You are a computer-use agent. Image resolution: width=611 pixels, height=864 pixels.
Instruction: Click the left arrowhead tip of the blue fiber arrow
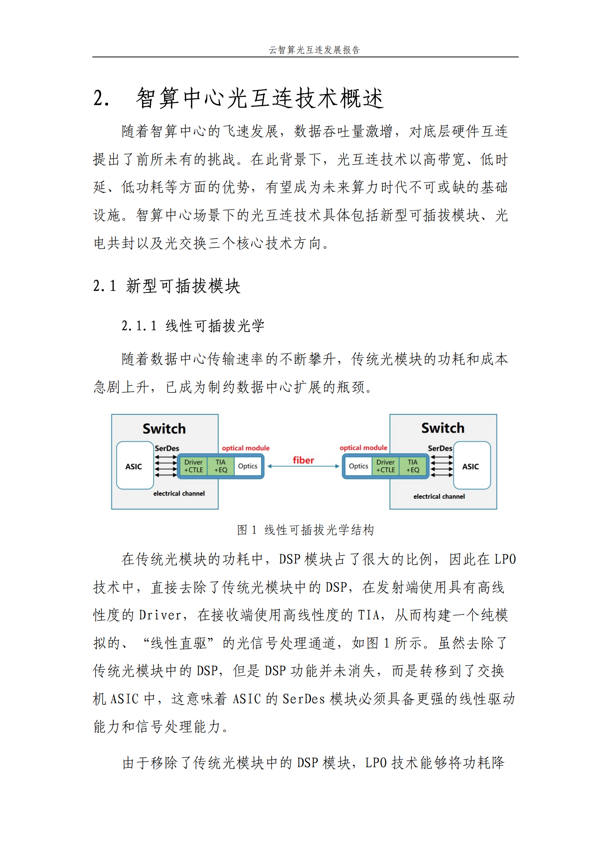[268, 466]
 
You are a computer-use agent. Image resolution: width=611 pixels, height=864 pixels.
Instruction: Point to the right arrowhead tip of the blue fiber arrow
[340, 466]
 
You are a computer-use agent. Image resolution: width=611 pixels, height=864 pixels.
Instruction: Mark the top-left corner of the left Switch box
[112, 414]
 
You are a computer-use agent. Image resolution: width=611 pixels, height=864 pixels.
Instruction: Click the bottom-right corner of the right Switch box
[497, 509]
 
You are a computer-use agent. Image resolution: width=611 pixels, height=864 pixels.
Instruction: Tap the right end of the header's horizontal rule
[519, 57]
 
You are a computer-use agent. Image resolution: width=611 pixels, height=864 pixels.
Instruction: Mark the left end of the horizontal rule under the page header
[92, 57]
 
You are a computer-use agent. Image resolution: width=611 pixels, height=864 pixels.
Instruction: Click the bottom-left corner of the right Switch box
[390, 509]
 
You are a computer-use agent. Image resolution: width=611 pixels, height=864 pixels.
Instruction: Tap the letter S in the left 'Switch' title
[147, 429]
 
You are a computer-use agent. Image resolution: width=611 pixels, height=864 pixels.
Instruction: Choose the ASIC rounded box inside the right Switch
[472, 465]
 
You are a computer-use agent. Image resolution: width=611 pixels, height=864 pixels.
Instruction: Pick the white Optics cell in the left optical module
[248, 466]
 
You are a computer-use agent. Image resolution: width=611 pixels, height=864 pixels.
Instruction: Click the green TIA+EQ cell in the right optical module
[413, 466]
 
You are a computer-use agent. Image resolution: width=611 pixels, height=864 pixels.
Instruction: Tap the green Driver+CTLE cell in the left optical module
[194, 466]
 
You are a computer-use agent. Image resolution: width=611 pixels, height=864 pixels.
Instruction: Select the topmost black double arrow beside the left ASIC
[166, 457]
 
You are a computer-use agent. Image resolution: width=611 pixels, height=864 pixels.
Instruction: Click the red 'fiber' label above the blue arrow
[303, 460]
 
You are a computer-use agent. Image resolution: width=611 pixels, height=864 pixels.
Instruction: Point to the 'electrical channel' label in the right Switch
[439, 496]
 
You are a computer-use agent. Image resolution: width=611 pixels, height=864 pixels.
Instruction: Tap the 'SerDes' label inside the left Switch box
[167, 448]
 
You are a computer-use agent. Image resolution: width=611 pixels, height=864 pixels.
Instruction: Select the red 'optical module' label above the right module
[363, 448]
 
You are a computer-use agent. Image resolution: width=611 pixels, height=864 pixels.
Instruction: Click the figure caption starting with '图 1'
[305, 530]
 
